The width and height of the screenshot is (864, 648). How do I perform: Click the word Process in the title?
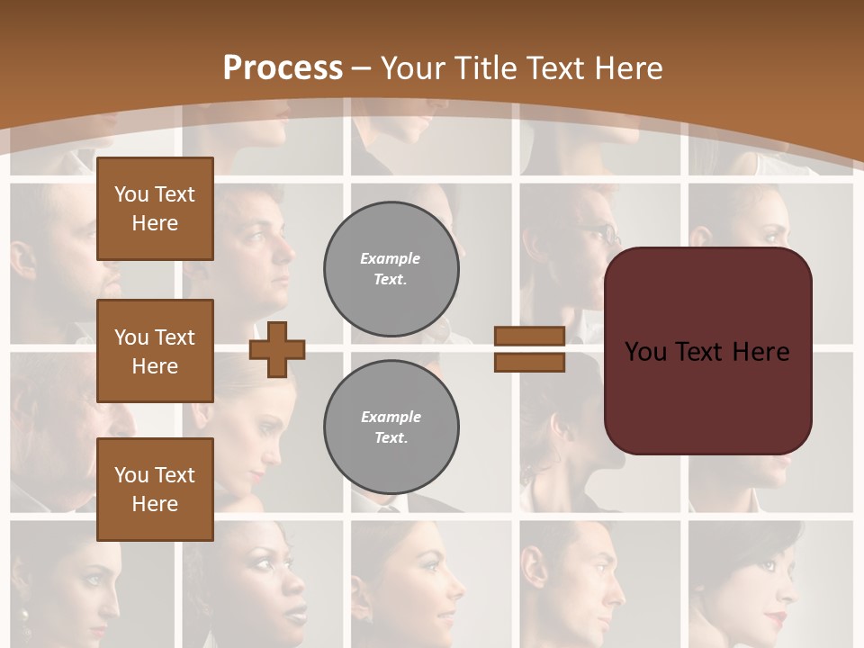(x=283, y=68)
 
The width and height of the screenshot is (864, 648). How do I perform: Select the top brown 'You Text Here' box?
(x=155, y=209)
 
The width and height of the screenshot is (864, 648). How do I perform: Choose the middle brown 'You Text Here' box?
(x=155, y=351)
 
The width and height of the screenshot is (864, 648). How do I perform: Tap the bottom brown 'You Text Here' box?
(x=155, y=489)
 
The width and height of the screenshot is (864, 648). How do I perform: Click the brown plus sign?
(x=277, y=349)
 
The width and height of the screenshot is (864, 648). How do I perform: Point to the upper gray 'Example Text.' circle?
(x=391, y=269)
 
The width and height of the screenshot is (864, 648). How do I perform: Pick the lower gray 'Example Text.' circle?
(x=391, y=427)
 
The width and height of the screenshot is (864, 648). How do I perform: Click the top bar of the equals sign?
(x=530, y=336)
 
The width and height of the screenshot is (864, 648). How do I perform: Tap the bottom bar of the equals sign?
(x=530, y=362)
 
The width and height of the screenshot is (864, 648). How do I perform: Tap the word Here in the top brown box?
(x=155, y=223)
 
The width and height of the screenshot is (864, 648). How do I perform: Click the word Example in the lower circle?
(x=391, y=417)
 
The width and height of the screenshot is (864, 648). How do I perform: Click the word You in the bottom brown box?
(x=130, y=474)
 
